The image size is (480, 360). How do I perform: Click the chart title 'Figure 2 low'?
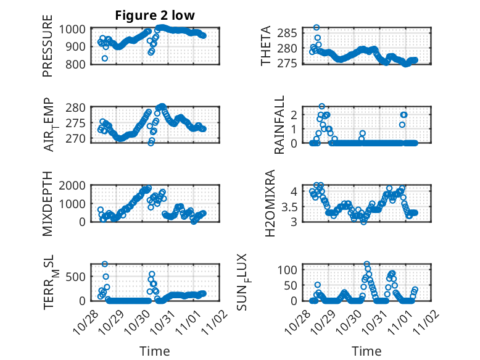pyautogui.click(x=155, y=16)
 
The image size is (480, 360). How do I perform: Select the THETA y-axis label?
pyautogui.click(x=266, y=46)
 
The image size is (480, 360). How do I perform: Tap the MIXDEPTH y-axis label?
pyautogui.click(x=48, y=204)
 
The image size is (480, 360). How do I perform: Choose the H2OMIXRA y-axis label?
pyautogui.click(x=270, y=204)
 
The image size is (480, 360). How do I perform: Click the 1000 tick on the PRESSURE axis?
pyautogui.click(x=77, y=29)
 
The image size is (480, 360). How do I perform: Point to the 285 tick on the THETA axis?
pyautogui.click(x=291, y=32)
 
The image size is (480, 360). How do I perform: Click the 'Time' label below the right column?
pyautogui.click(x=366, y=351)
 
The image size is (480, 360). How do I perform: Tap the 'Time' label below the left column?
pyautogui.click(x=155, y=351)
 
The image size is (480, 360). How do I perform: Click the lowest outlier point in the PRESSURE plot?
pyautogui.click(x=105, y=58)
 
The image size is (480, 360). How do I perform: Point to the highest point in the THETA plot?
pyautogui.click(x=317, y=27)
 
